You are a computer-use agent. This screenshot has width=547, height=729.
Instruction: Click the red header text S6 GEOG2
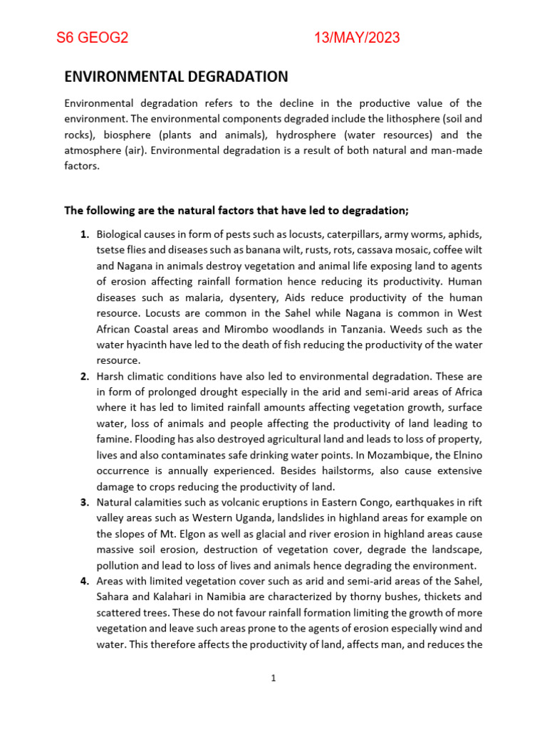[92, 38]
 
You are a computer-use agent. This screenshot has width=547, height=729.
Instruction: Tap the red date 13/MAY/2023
[357, 38]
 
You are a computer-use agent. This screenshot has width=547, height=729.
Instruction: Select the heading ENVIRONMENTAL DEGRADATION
[177, 77]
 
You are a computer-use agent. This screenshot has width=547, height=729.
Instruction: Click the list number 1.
[84, 234]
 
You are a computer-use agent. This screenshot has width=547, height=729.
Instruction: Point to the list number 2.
[84, 376]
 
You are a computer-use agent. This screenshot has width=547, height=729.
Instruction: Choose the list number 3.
[84, 503]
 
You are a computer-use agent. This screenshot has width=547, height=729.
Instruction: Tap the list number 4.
[84, 581]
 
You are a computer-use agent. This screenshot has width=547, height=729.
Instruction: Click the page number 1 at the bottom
[273, 678]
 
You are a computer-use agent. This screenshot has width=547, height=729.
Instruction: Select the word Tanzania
[370, 329]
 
